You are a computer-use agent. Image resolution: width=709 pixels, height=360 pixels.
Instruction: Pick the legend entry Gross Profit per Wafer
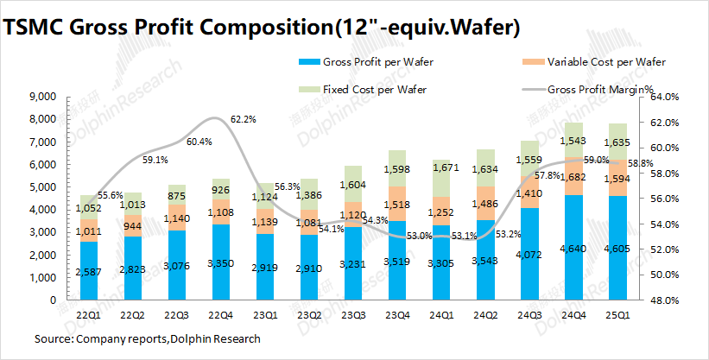377,62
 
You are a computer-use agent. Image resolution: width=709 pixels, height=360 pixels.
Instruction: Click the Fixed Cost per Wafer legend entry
374,89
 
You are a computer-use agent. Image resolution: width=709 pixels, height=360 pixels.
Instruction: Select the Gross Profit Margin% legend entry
600,89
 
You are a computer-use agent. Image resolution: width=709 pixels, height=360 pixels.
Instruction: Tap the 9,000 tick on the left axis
42,97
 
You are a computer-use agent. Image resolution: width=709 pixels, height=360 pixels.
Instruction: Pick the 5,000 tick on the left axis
42,187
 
